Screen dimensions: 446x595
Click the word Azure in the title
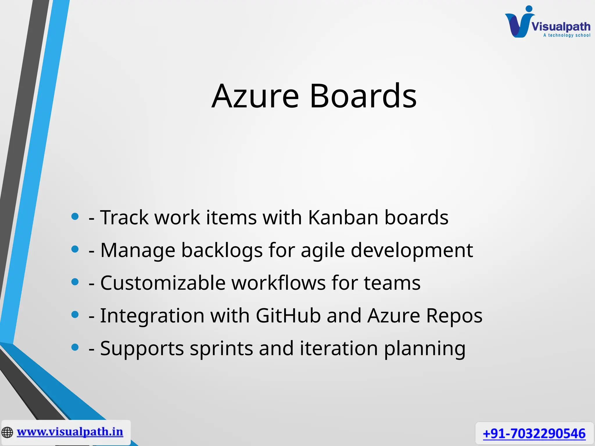[x=255, y=96]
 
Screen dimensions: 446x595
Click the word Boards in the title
[x=363, y=96]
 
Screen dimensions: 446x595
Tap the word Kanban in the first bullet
[x=343, y=217]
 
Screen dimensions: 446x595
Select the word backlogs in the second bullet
[x=222, y=250]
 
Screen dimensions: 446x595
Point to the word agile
[x=322, y=250]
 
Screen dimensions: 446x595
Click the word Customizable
[x=163, y=283]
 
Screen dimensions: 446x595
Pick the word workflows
[x=279, y=283]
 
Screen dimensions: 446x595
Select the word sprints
[x=221, y=348]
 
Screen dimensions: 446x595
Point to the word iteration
[x=339, y=348]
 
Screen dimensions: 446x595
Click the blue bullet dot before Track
[x=75, y=216]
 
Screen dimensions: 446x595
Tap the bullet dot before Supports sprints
[x=75, y=347]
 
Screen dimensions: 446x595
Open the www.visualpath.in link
[x=70, y=432]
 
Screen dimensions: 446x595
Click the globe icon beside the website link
[x=7, y=432]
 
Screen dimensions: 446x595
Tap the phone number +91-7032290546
[x=534, y=434]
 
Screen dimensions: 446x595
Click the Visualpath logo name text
[x=561, y=27]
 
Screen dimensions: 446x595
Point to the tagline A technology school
[x=567, y=35]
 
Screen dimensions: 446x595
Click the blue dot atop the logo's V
[x=529, y=9]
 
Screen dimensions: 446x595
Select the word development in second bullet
[x=412, y=250]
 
